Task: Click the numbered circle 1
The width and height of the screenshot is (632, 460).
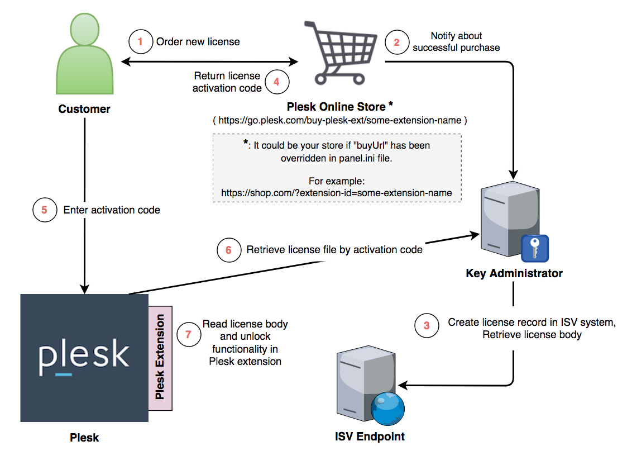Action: click(140, 41)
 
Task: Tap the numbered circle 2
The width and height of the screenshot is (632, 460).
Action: click(397, 42)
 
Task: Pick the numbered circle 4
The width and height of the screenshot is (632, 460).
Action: click(277, 82)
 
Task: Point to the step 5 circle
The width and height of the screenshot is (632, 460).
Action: click(45, 210)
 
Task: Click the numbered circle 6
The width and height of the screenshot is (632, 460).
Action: click(228, 250)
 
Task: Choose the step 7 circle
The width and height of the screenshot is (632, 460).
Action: click(188, 334)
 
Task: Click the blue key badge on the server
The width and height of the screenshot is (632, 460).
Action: click(535, 248)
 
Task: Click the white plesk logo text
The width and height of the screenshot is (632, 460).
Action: click(84, 355)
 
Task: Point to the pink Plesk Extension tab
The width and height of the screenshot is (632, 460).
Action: click(160, 358)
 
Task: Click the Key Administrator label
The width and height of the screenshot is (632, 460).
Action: click(514, 274)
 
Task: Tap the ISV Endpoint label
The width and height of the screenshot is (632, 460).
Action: click(369, 437)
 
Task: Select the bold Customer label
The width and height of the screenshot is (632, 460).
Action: click(84, 109)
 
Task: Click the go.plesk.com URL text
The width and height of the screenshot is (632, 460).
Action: click(340, 120)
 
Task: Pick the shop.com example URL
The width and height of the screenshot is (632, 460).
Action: click(337, 193)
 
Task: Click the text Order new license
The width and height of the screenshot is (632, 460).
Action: click(198, 42)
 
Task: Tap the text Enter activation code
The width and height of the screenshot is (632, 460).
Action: click(112, 210)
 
